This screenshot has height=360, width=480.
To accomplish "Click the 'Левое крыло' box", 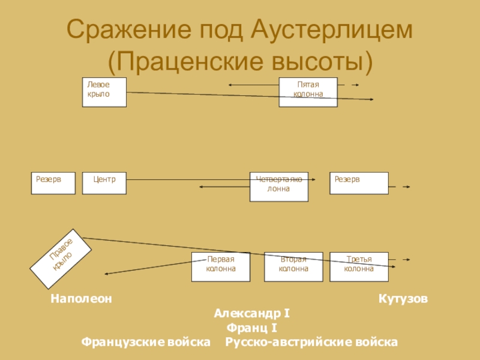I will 104,92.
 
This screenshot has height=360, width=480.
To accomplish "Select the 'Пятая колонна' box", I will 308,92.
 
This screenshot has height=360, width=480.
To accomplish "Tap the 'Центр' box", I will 104,183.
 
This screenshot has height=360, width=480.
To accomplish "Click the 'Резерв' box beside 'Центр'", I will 53,183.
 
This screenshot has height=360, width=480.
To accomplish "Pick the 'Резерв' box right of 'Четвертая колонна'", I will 359,183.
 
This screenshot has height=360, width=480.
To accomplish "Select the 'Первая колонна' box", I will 221,266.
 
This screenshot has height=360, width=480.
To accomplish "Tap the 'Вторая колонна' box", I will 293,266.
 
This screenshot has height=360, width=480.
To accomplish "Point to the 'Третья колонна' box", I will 359,266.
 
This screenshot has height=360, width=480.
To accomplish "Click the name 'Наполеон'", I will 81,298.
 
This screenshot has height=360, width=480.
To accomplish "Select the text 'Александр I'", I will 252,313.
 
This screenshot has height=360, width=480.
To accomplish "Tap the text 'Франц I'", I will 252,328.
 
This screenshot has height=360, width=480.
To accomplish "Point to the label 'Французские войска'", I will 146,342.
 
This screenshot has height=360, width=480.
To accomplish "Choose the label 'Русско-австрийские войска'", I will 311,342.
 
